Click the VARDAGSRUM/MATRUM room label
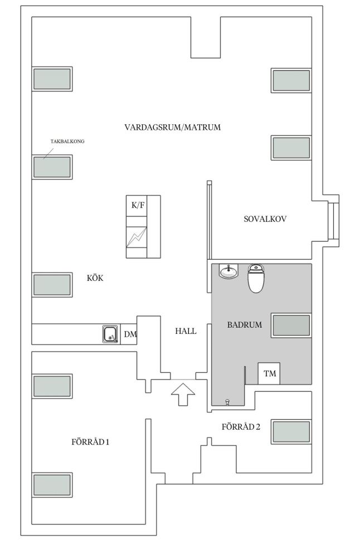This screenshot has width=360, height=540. pyautogui.click(x=172, y=128)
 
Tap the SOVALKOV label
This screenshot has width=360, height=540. pyautogui.click(x=265, y=218)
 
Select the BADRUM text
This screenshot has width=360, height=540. pyautogui.click(x=245, y=325)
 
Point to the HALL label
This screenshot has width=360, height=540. pyautogui.click(x=186, y=332)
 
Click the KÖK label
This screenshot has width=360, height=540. pyautogui.click(x=95, y=278)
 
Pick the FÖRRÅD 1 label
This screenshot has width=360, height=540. pyautogui.click(x=90, y=442)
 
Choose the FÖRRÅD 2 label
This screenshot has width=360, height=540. pyautogui.click(x=241, y=427)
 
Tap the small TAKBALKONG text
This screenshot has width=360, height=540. pyautogui.click(x=67, y=141)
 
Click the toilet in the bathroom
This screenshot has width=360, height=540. pyautogui.click(x=256, y=278)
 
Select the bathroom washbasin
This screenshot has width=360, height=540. pyautogui.click(x=228, y=271)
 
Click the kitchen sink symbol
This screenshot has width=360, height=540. pyautogui.click(x=111, y=334)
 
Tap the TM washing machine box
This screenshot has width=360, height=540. pyautogui.click(x=269, y=373)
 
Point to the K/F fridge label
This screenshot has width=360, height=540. pyautogui.click(x=138, y=206)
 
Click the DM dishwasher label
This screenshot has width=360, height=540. pyautogui.click(x=130, y=334)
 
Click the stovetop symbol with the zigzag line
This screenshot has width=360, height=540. pyautogui.click(x=137, y=237)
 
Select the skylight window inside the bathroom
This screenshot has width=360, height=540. pyautogui.click(x=291, y=325)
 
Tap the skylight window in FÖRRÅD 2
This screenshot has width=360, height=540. pyautogui.click(x=291, y=431)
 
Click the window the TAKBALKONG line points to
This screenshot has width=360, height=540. pyautogui.click(x=52, y=167)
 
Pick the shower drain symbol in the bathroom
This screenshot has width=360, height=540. pyautogui.click(x=227, y=402)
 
